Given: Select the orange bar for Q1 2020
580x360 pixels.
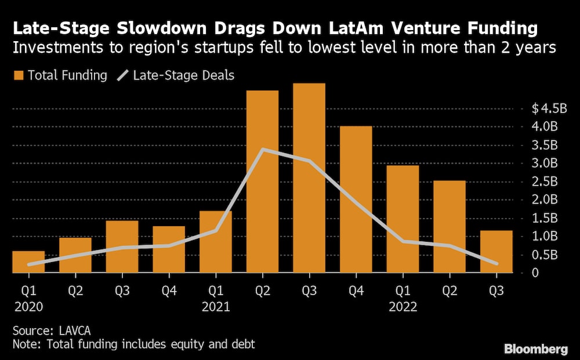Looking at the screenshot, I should pyautogui.click(x=28, y=262).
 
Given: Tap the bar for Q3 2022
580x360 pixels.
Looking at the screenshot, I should pyautogui.click(x=496, y=252).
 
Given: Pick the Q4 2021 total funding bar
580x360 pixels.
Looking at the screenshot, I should pyautogui.click(x=356, y=199).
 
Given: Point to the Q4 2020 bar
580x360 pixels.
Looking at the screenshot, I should pyautogui.click(x=169, y=249).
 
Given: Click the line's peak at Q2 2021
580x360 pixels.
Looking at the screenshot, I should pyautogui.click(x=263, y=150).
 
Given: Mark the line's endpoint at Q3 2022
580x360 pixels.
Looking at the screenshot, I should pyautogui.click(x=496, y=264).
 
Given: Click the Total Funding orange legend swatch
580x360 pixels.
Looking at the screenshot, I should pyautogui.click(x=18, y=75).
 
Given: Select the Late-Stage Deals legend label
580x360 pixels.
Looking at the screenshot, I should pyautogui.click(x=184, y=75).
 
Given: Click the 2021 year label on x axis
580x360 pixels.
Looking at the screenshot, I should pyautogui.click(x=215, y=306).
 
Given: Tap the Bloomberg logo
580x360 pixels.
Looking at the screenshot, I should pyautogui.click(x=536, y=349).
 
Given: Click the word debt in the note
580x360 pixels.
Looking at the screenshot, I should pyautogui.click(x=242, y=344).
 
